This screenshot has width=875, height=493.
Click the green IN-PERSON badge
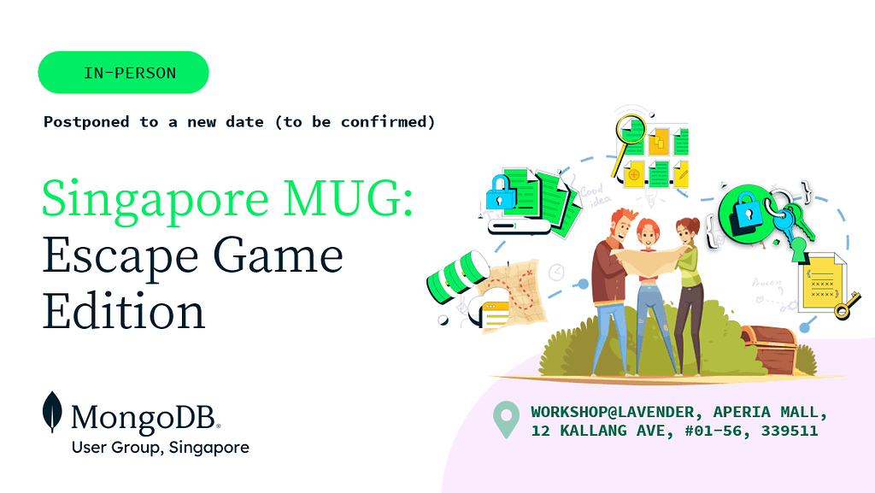click(x=123, y=73)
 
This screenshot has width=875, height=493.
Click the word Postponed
click(x=86, y=121)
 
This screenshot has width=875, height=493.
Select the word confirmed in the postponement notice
click(x=383, y=121)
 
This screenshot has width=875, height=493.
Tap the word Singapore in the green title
click(x=156, y=199)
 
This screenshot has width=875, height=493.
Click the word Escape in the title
click(x=120, y=256)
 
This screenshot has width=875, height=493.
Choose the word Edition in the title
click(x=124, y=311)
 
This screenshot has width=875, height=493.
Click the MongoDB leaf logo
click(x=52, y=412)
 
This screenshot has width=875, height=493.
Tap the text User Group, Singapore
click(x=161, y=447)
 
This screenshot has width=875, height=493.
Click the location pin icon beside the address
click(x=506, y=419)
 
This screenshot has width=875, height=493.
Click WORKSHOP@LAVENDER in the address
click(x=613, y=412)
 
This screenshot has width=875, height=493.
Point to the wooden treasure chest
click(x=770, y=349)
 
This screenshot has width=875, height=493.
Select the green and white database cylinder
click(x=455, y=276)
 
